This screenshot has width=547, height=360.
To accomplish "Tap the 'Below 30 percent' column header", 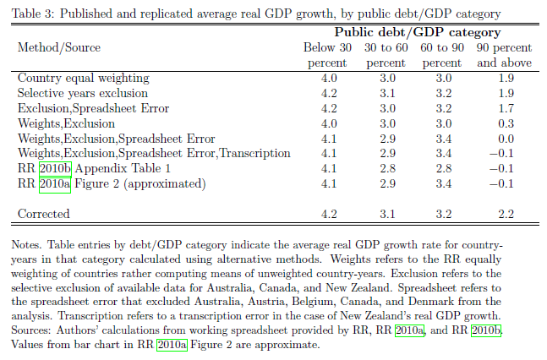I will click(x=325, y=56).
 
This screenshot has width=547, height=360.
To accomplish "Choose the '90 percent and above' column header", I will click(x=504, y=56).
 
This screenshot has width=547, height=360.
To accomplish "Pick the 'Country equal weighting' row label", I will click(x=83, y=79).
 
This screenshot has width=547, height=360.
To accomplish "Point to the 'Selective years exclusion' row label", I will click(x=83, y=93).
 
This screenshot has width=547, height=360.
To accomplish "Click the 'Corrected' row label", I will click(x=44, y=215).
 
